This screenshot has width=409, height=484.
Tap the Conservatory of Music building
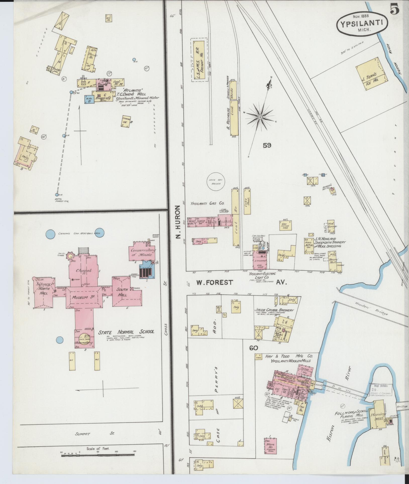[142, 252]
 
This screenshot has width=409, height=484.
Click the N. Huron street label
[178, 222]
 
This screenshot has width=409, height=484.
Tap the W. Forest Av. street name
[241, 282]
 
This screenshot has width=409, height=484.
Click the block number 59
[267, 145]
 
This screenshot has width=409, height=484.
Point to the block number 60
[254, 348]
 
